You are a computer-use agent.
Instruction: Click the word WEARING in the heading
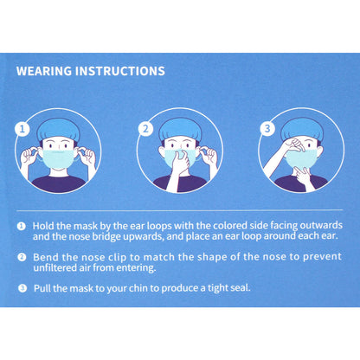click(x=48, y=72)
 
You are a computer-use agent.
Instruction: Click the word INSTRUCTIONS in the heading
click(x=123, y=72)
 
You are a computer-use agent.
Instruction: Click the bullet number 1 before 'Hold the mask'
click(x=22, y=224)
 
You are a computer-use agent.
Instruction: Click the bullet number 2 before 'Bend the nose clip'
click(x=22, y=257)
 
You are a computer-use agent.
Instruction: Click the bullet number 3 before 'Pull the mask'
click(x=22, y=286)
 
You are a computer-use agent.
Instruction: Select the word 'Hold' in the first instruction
click(x=45, y=224)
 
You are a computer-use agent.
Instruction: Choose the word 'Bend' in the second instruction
click(x=46, y=257)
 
